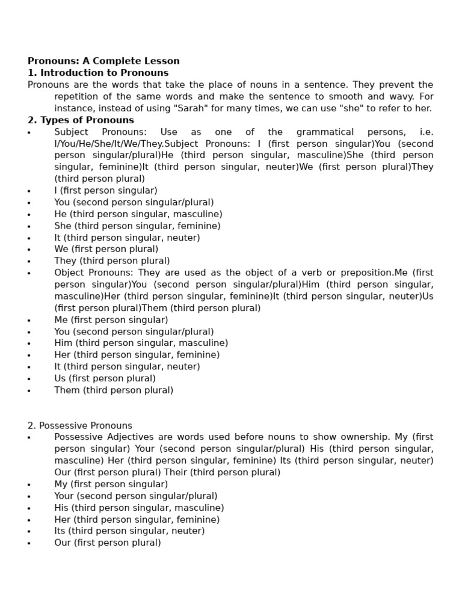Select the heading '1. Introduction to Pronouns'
(98, 73)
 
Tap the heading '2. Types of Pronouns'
(81, 120)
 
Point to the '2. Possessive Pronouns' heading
(80, 425)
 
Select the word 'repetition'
(78, 96)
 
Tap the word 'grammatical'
(327, 132)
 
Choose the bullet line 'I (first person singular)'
(106, 191)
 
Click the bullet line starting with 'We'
(106, 249)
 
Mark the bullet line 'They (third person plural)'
(112, 261)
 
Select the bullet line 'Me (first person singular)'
(111, 319)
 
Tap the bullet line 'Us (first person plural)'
(105, 378)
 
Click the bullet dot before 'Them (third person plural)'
(29, 391)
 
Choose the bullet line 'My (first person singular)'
(111, 484)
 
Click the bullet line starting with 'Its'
(129, 531)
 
